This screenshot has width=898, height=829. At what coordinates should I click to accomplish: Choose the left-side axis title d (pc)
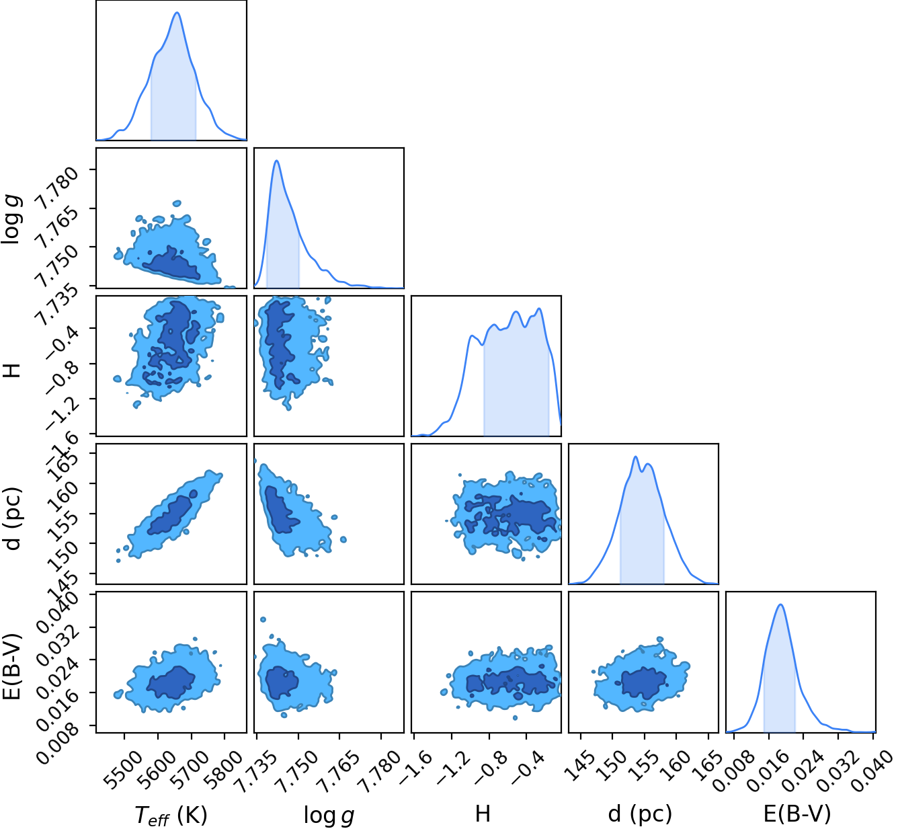click(x=13, y=518)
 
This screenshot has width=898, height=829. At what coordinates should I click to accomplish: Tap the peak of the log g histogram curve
click(x=276, y=161)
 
